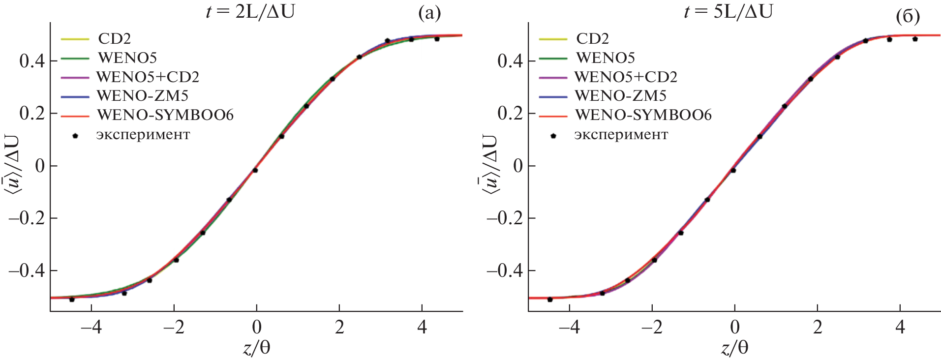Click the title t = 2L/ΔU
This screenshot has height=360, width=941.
pos(250,11)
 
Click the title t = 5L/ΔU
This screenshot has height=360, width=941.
pos(728,11)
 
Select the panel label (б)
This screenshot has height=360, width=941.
pos(908,16)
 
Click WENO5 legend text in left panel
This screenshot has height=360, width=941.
pos(127,58)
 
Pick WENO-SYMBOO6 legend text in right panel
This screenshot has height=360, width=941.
pos(643,115)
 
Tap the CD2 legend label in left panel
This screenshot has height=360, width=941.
pos(114,38)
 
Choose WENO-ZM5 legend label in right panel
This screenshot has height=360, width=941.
pos(620,95)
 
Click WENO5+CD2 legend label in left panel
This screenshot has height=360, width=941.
pos(148,77)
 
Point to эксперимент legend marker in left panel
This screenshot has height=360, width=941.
pos(75,135)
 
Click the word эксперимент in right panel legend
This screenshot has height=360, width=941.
pos(621,135)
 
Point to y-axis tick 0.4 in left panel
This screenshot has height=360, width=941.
pos(32,61)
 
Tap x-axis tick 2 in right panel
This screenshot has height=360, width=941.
pos(818,327)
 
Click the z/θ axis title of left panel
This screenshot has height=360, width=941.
pos(256,348)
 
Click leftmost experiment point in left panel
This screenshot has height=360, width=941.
pos(72,299)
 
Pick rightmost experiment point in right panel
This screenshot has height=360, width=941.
pos(915,39)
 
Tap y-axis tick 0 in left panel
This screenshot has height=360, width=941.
pos(39,166)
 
